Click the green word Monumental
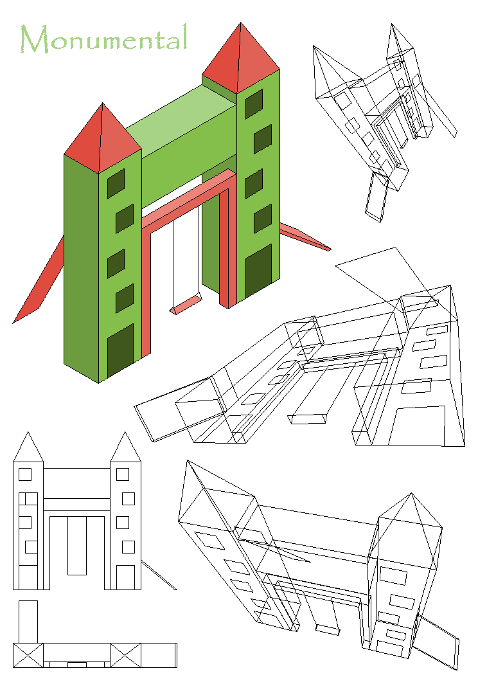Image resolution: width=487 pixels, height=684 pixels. pos(104,39)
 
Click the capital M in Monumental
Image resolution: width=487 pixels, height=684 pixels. pos(35,39)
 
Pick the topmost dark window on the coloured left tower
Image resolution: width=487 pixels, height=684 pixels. pos(116,183)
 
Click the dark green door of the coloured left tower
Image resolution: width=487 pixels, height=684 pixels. pos(120,350)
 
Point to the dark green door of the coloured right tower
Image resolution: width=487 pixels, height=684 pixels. pos(258,271)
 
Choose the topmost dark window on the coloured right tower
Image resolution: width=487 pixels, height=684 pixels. pos(254,104)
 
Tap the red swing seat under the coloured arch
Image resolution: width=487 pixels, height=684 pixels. pos(186,304)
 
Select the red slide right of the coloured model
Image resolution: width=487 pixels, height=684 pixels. pos(305,237)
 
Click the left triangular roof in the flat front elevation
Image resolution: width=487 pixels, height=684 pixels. pos(28,447)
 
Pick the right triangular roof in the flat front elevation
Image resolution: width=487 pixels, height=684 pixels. pos(125,447)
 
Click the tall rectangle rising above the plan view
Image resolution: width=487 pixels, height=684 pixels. pos(28,622)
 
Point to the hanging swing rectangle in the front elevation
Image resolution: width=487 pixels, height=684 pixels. pos(77,546)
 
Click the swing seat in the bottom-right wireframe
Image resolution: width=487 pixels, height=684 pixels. pos(327,629)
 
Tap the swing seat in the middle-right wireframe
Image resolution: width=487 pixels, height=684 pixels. pos(307,419)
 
